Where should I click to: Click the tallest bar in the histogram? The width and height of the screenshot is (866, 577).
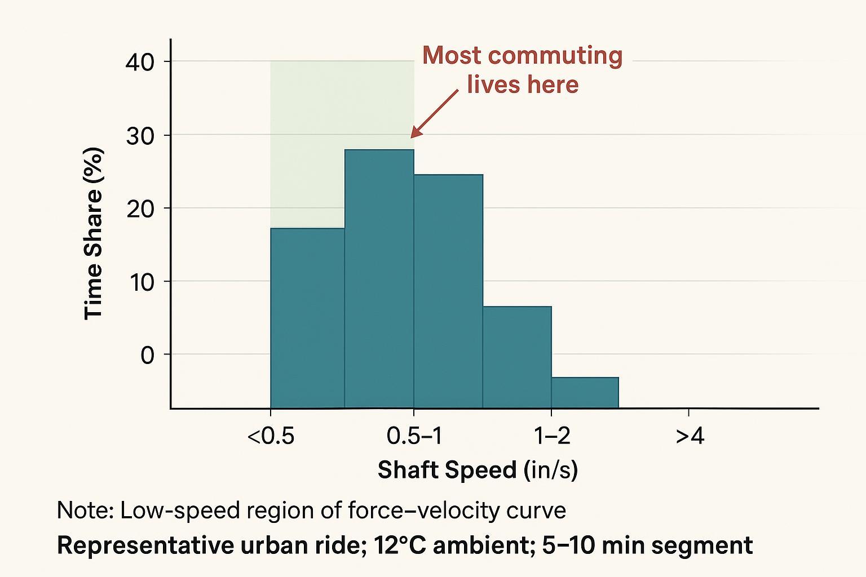click(379, 278)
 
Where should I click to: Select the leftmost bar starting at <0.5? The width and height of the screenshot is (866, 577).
click(307, 318)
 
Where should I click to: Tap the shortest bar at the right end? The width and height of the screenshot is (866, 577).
click(585, 392)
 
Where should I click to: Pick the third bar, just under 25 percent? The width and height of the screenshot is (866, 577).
click(448, 291)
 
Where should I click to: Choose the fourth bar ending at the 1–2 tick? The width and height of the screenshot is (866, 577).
click(517, 357)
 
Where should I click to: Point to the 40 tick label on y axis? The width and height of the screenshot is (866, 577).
click(140, 62)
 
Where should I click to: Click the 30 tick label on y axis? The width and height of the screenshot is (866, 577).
click(140, 135)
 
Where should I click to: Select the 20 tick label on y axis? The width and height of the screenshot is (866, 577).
click(140, 208)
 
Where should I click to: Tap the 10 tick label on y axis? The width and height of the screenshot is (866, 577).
click(141, 282)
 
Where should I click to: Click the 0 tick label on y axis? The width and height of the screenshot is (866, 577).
click(147, 355)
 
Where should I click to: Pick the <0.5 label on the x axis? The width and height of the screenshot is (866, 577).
click(271, 436)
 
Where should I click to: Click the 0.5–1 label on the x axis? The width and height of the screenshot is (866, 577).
click(414, 436)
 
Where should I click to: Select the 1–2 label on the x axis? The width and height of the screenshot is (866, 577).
click(551, 436)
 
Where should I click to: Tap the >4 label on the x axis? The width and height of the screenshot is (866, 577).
click(690, 436)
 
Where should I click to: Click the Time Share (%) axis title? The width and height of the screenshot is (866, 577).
click(94, 233)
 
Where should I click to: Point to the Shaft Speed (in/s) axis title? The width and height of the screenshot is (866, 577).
click(478, 469)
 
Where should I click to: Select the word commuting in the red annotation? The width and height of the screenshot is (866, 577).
click(555, 56)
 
